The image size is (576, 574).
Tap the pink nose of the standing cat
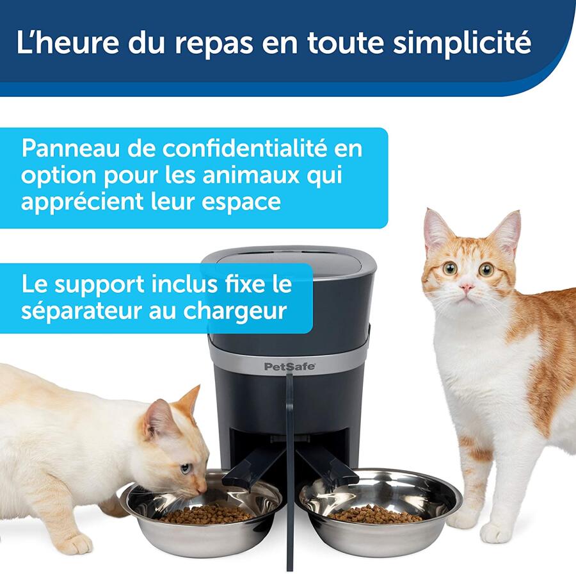click(x=468, y=288)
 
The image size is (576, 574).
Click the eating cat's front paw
click(x=74, y=543)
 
